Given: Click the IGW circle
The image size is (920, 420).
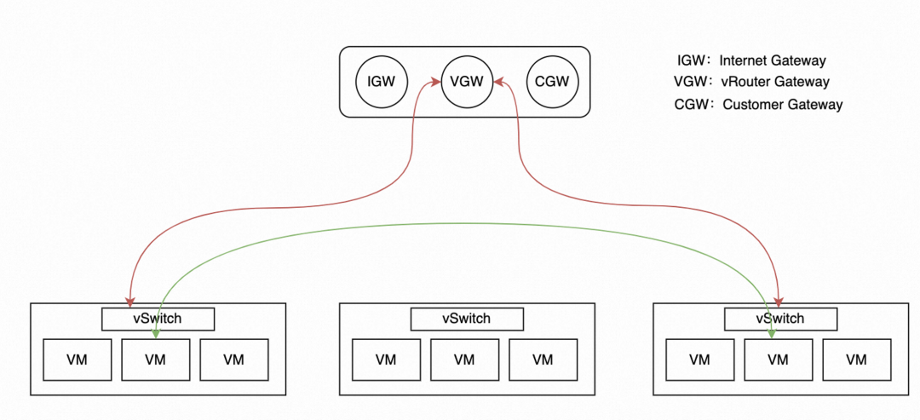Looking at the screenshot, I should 382,83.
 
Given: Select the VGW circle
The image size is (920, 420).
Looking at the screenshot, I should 467,83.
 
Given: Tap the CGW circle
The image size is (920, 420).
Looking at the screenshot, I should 552,83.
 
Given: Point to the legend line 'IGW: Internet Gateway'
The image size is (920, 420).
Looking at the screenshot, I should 751,60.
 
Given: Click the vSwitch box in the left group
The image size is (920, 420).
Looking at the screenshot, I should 158,319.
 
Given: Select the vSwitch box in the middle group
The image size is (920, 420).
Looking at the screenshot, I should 467,319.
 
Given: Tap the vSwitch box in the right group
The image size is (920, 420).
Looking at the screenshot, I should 780,319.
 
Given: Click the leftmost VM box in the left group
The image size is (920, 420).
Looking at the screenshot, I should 78,360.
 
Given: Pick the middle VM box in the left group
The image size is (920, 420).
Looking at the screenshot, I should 155,360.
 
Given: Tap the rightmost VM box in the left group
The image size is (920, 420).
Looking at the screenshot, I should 234,360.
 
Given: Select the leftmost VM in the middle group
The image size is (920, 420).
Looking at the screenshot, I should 386,360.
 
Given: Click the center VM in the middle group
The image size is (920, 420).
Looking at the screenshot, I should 464,360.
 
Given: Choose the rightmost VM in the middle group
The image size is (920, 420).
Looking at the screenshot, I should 543,360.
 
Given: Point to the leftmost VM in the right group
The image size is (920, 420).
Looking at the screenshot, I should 699,360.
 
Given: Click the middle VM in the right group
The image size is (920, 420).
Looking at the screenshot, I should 778,360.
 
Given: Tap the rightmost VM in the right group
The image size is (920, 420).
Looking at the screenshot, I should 856,360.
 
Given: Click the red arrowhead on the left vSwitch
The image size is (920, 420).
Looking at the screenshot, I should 129,302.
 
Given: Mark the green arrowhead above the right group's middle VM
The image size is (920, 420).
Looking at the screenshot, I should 772,333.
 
